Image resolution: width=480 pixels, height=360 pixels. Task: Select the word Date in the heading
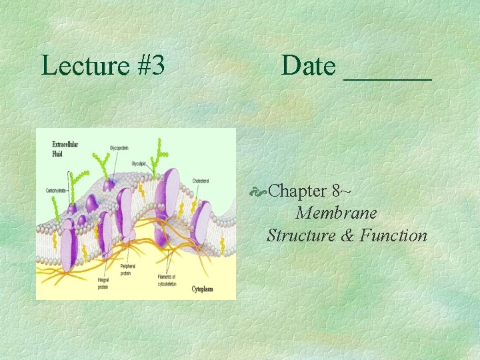pyautogui.click(x=309, y=65)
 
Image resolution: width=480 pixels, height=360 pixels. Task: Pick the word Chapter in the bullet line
pyautogui.click(x=297, y=191)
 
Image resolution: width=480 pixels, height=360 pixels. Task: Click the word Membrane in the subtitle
pyautogui.click(x=337, y=213)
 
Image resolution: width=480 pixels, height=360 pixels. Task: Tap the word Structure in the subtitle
pyautogui.click(x=299, y=235)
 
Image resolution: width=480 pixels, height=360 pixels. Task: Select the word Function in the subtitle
pyautogui.click(x=393, y=235)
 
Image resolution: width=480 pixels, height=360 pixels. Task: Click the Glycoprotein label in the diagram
pyautogui.click(x=121, y=147)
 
